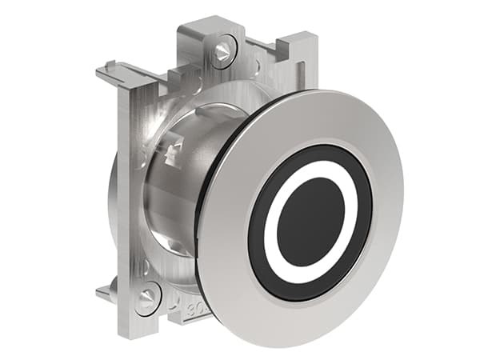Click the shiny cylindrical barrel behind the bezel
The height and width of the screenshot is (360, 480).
point(172,200)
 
